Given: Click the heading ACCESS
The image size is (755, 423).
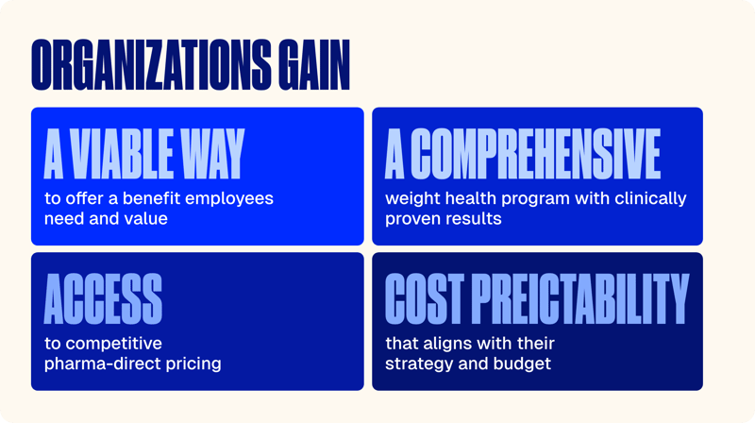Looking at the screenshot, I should click(103, 298).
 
